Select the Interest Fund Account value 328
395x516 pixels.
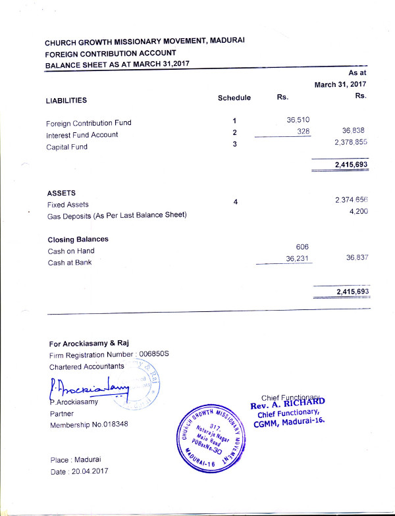[303, 132]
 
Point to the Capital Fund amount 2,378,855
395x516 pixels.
[350, 143]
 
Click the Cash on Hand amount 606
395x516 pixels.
[303, 246]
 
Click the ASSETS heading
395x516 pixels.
[62, 193]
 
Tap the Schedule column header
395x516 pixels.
[234, 98]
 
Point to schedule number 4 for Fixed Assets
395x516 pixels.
[235, 202]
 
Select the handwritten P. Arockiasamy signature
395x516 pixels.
[89, 388]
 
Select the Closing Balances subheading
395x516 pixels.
[78, 240]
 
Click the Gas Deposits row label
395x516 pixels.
[117, 215]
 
